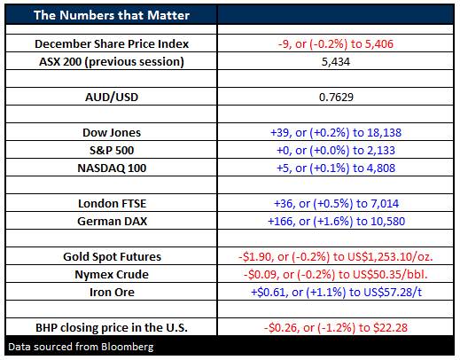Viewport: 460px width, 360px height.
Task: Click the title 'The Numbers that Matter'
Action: tap(112, 15)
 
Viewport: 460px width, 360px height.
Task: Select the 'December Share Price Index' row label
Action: tap(112, 44)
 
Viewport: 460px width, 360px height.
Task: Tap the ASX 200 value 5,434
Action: tap(336, 62)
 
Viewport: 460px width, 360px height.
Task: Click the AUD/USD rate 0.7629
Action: tap(336, 98)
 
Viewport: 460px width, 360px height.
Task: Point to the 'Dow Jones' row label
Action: tap(112, 133)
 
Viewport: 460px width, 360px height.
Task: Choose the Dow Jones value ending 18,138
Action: tap(336, 133)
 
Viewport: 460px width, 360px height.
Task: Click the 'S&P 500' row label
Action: tap(112, 151)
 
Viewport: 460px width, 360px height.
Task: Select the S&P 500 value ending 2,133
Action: tap(336, 151)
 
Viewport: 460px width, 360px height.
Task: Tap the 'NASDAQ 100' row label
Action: tap(112, 168)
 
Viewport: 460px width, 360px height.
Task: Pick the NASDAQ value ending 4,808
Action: tap(336, 168)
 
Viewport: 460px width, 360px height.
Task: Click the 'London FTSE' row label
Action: tap(112, 204)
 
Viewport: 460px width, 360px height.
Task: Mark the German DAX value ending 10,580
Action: tap(336, 222)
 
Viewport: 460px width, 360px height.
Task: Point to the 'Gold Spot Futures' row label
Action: tap(112, 257)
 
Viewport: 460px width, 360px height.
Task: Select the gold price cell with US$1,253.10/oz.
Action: tap(336, 257)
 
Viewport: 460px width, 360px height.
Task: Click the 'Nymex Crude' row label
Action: tap(112, 275)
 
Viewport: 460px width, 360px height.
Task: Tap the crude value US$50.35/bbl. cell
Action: tap(336, 275)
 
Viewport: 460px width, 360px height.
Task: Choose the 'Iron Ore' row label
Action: tap(112, 293)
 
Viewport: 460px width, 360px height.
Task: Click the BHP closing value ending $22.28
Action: tap(336, 328)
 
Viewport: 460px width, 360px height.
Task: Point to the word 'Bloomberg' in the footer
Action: tap(128, 347)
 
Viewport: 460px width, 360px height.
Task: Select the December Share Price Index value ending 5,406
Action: tap(336, 44)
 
